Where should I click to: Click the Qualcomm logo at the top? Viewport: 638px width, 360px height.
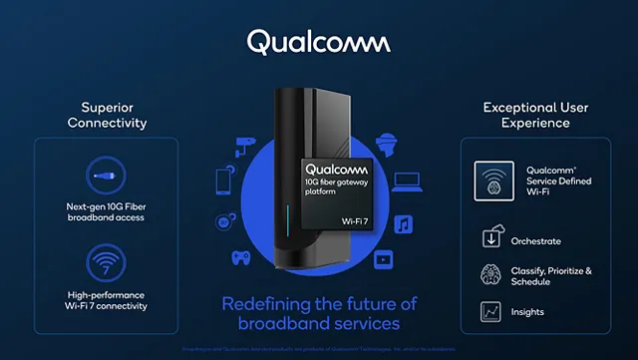tap(318, 41)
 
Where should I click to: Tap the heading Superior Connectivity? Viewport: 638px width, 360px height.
tap(107, 115)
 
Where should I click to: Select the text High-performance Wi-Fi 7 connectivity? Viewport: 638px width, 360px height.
tap(107, 299)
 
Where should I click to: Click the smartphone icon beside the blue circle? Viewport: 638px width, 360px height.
tap(223, 181)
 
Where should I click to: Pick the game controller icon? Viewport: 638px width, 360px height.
tap(241, 256)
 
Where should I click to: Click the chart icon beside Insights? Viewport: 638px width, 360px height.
tap(489, 312)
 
